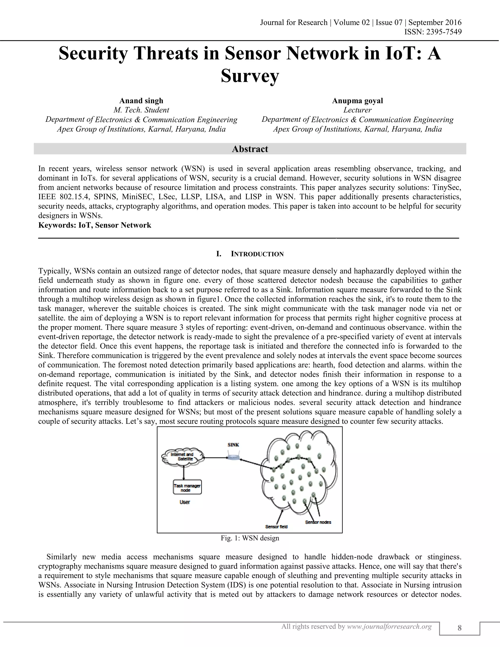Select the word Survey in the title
click(x=250, y=76)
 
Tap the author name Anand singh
click(x=141, y=101)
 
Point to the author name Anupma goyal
click(x=357, y=101)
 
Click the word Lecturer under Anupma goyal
click(x=357, y=110)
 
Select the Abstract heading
click(x=250, y=149)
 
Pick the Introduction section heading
click(x=257, y=254)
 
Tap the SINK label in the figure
click(x=233, y=445)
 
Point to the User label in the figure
click(x=185, y=502)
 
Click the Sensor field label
click(x=276, y=526)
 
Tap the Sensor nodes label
click(x=318, y=522)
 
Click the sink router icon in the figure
click(x=233, y=457)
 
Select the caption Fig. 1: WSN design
click(x=250, y=538)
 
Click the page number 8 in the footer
click(x=459, y=628)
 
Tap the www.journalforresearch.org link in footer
click(x=389, y=626)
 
